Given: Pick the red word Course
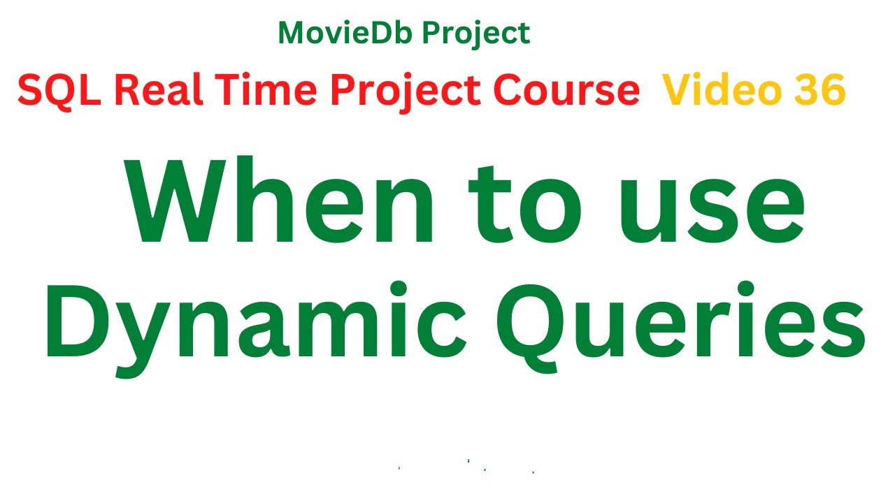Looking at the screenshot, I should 566,91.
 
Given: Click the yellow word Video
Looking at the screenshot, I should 714,91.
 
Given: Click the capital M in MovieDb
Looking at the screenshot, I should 292,33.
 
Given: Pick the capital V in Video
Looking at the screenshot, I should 677,91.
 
